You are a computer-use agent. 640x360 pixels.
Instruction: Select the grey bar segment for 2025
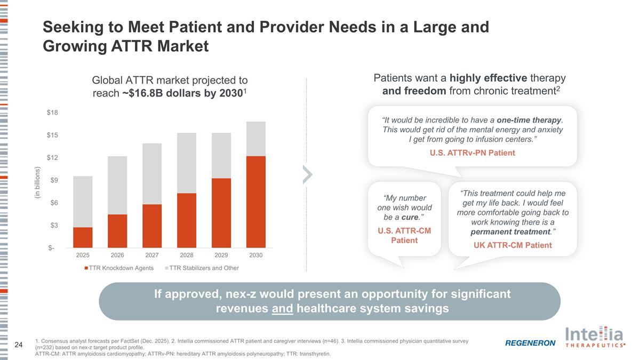pos(83,202)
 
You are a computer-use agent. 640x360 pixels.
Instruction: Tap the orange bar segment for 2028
pos(187,220)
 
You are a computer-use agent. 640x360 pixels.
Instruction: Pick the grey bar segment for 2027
pos(152,174)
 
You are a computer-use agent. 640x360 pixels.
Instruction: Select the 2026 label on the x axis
pos(117,255)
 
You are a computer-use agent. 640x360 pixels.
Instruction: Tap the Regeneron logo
pos(530,343)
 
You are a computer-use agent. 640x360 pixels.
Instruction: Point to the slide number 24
pos(18,345)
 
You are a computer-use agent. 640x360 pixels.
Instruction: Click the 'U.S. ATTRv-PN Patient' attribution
pos(472,153)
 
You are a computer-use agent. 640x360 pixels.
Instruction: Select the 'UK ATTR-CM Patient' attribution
pos(513,245)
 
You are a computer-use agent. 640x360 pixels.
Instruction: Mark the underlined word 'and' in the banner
pos(282,309)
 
